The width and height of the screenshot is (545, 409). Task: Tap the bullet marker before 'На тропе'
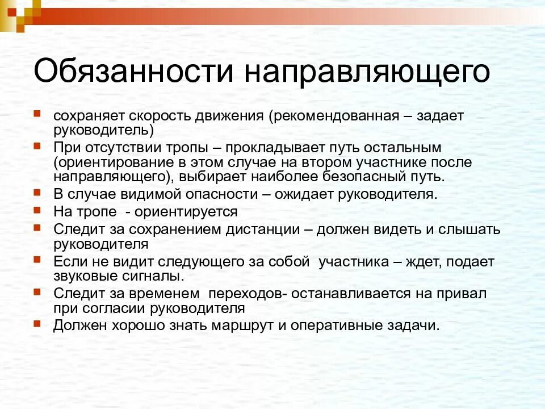coord(37,210)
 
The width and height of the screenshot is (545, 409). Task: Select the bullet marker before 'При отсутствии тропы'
coord(37,146)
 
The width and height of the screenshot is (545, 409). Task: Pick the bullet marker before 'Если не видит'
coord(37,260)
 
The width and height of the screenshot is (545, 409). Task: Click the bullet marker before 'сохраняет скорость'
coord(37,114)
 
